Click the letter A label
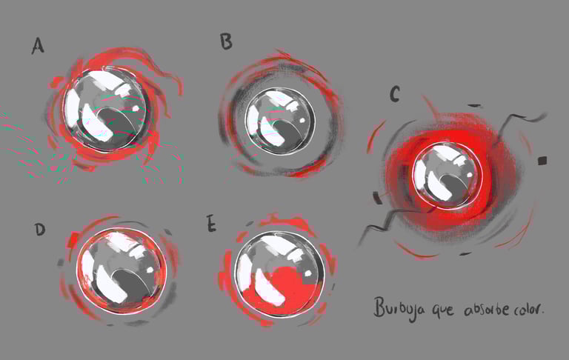pos(38,46)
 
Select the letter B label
pos(226,41)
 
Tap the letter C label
pos(394,94)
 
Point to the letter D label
pos(40,230)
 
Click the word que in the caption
pos(443,310)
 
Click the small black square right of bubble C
pos(542,161)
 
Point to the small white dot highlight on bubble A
pos(136,108)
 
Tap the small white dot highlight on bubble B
pos(302,120)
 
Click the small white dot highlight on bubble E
pos(308,273)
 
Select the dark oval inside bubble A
pos(117,125)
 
